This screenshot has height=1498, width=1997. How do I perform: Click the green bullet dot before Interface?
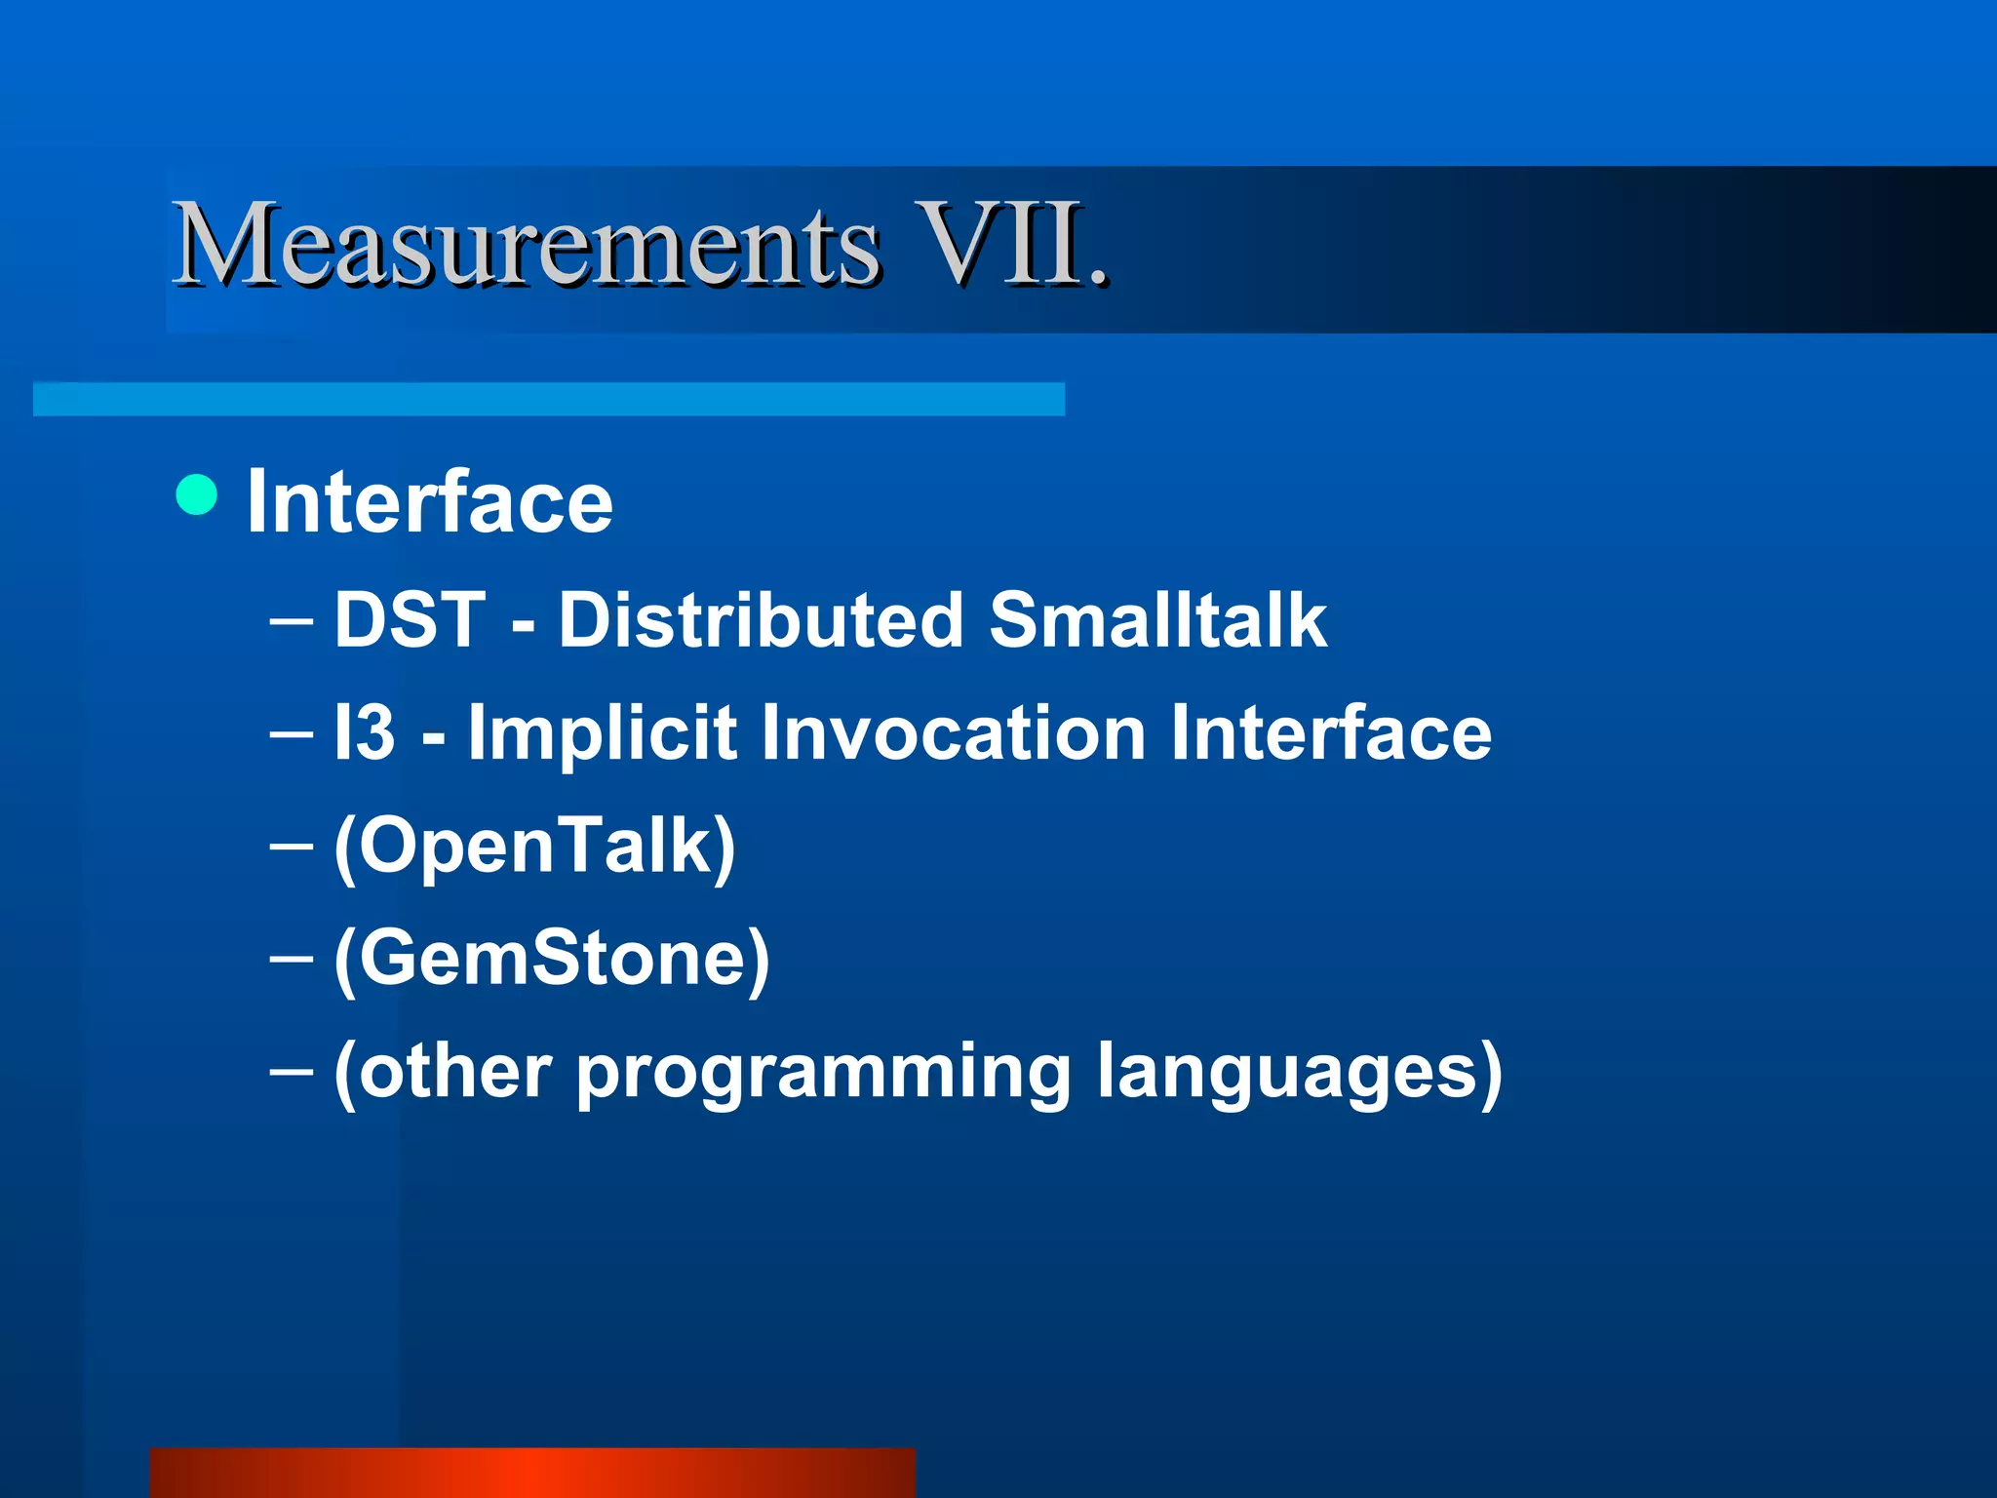pyautogui.click(x=197, y=494)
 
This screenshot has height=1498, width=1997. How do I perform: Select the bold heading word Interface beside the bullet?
pyautogui.click(x=430, y=501)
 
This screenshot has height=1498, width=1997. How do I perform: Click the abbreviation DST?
pyautogui.click(x=410, y=620)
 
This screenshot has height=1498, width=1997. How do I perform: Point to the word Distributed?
pyautogui.click(x=761, y=620)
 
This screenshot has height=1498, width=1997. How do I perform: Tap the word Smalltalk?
pyautogui.click(x=1157, y=620)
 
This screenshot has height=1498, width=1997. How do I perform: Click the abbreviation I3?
pyautogui.click(x=364, y=732)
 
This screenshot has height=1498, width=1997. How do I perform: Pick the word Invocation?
pyautogui.click(x=953, y=732)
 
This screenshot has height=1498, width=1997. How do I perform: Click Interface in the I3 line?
pyautogui.click(x=1331, y=732)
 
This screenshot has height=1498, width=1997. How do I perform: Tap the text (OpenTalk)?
pyautogui.click(x=534, y=847)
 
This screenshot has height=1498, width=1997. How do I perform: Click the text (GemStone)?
pyautogui.click(x=552, y=960)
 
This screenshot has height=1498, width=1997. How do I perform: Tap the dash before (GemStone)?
pyautogui.click(x=291, y=960)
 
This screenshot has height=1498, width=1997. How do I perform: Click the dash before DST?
pyautogui.click(x=291, y=621)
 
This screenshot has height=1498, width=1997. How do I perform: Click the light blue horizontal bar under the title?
pyautogui.click(x=549, y=399)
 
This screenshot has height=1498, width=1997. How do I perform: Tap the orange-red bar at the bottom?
pyautogui.click(x=532, y=1473)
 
